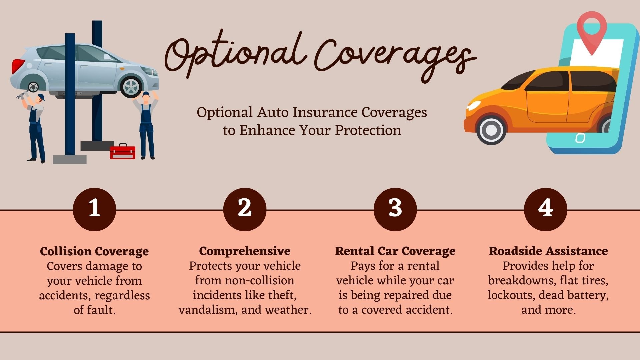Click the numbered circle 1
(x=94, y=209)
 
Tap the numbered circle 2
(x=245, y=209)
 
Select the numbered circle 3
(x=395, y=209)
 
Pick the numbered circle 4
(x=545, y=209)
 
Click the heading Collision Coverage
(x=94, y=251)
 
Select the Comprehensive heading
(x=245, y=251)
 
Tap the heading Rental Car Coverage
(x=395, y=251)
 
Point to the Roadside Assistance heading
(x=548, y=251)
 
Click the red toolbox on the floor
(x=123, y=152)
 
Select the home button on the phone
(x=580, y=138)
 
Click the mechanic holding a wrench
(x=35, y=127)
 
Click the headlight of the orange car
(x=473, y=106)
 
